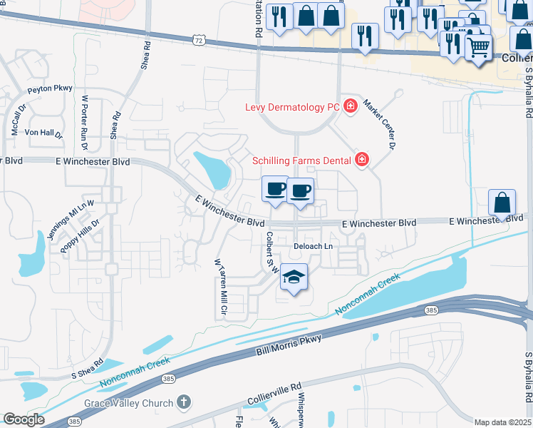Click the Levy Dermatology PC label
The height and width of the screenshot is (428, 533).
[x=292, y=107]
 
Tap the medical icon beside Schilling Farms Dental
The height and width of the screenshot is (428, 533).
[x=362, y=160]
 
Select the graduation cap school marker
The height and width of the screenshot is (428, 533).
[x=293, y=277]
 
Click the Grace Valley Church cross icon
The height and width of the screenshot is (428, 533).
[x=184, y=403]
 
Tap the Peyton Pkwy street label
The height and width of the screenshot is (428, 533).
[x=50, y=89]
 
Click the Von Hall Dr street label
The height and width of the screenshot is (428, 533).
[x=44, y=133]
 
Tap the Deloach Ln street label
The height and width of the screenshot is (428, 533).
[x=314, y=246]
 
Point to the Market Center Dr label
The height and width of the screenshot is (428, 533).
[x=379, y=123]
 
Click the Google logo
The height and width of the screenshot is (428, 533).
[x=24, y=419]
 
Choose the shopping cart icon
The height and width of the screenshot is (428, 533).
[x=479, y=47]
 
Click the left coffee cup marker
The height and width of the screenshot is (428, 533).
[x=276, y=189]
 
